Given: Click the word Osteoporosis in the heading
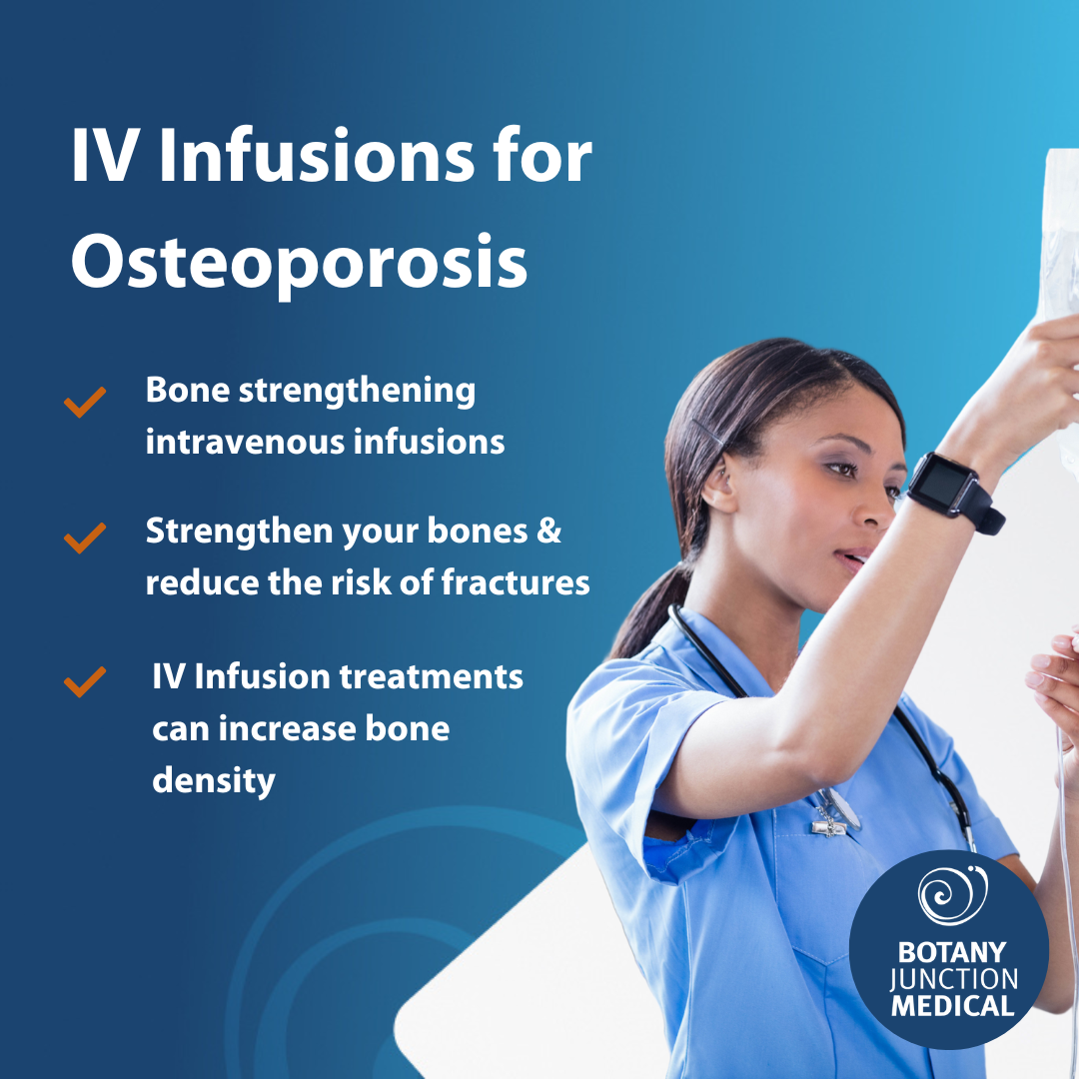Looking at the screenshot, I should (x=299, y=262).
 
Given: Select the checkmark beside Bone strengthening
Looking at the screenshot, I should (x=85, y=403).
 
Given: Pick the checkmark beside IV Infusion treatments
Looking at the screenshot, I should (x=85, y=682).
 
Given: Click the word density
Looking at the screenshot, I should (x=213, y=779).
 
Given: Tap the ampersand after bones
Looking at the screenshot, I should (x=548, y=532).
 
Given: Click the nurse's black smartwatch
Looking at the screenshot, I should (x=950, y=490).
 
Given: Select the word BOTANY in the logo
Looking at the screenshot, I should (x=951, y=951).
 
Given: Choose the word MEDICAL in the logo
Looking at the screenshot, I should (x=952, y=1005).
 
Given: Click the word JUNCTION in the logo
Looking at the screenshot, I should (x=952, y=978).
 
